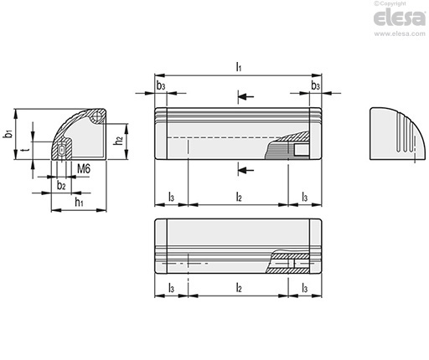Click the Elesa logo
[x=400, y=18]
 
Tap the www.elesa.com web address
[x=400, y=33]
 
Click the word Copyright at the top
[x=393, y=3]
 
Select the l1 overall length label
[x=239, y=67]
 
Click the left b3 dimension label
[x=161, y=86]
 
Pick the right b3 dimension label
[x=316, y=86]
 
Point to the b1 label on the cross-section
[x=9, y=134]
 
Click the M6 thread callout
[x=84, y=169]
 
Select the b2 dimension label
[x=61, y=185]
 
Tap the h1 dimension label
[x=79, y=202]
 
